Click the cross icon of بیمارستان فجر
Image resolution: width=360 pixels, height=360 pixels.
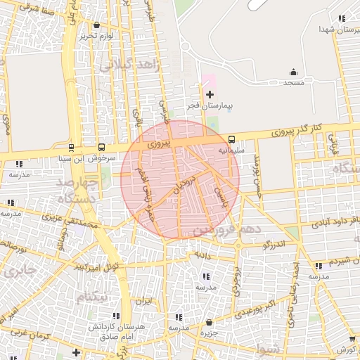209,94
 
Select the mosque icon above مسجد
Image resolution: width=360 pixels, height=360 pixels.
293,72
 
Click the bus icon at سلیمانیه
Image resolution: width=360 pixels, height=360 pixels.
232,139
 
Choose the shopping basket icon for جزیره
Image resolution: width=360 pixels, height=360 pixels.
209,322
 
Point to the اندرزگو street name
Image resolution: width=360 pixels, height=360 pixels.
272,244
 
